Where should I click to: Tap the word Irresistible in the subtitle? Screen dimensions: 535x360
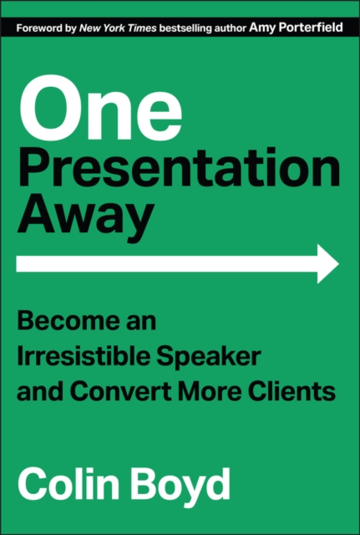75,356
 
